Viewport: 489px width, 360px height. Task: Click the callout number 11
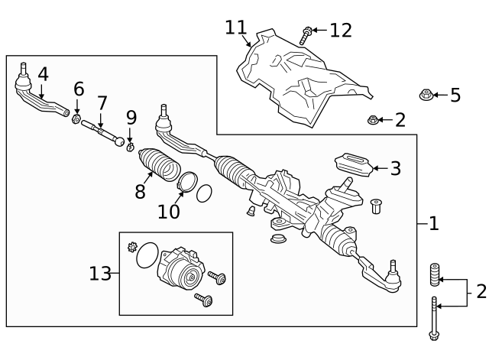point(237,28)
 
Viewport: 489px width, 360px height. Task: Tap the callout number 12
point(341,30)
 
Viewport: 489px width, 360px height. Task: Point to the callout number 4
point(43,74)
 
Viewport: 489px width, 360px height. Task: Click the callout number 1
point(433,223)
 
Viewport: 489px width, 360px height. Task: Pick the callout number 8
point(140,191)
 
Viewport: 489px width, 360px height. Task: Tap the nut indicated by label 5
point(426,96)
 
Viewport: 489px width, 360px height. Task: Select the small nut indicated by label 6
point(76,119)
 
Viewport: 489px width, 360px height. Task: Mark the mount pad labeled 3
point(351,164)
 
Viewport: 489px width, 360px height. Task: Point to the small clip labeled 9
point(131,145)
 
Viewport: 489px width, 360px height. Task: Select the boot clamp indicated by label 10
point(186,183)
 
